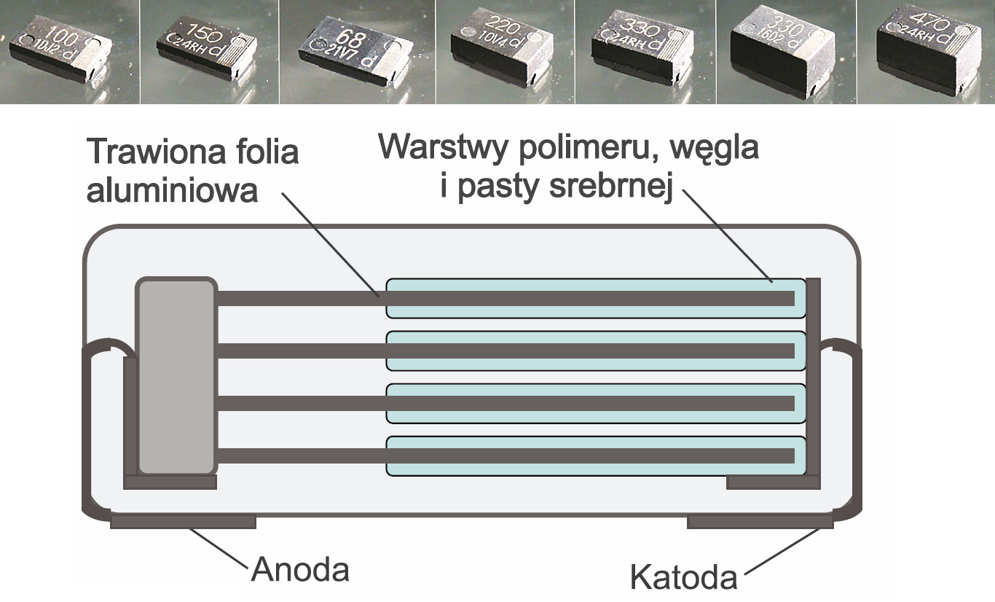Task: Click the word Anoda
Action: [x=300, y=570]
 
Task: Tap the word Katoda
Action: [x=683, y=578]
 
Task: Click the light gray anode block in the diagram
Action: [x=177, y=376]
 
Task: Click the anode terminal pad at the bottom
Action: [x=182, y=523]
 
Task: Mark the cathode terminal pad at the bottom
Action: [x=760, y=523]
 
